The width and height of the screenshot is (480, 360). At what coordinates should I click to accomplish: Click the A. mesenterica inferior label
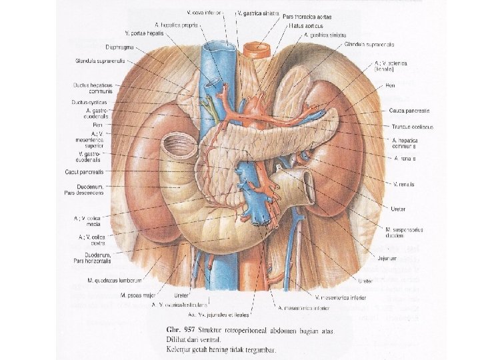point(303,308)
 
